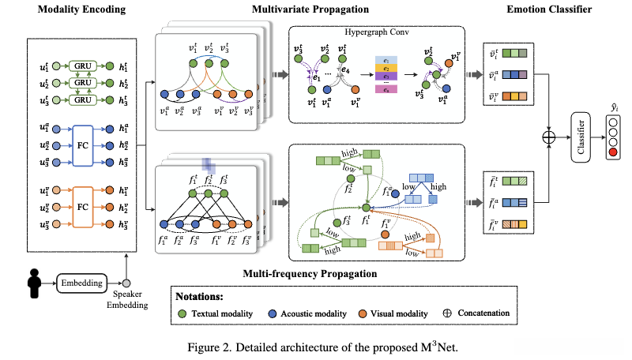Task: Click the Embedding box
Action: [x=81, y=282]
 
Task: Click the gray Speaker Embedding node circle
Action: [x=126, y=282]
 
